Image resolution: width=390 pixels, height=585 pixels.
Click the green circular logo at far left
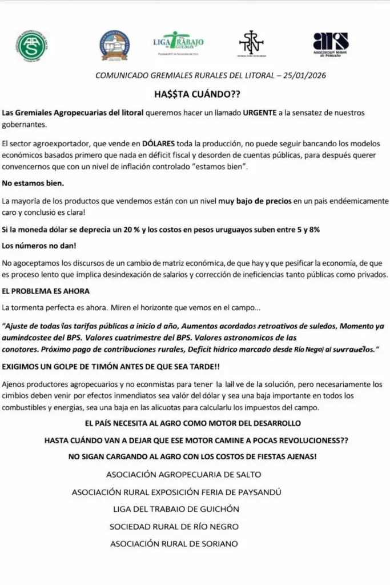tap(33, 46)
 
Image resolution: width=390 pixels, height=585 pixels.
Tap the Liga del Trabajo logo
tap(179, 43)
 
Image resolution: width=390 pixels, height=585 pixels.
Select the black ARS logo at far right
tap(331, 44)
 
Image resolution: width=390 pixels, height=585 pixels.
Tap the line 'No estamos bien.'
tap(33, 183)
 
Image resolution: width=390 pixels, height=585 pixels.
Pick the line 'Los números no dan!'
tap(39, 246)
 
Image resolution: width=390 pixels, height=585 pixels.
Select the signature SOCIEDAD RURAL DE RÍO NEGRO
tap(174, 526)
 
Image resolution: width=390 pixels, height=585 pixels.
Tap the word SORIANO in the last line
tap(216, 544)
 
